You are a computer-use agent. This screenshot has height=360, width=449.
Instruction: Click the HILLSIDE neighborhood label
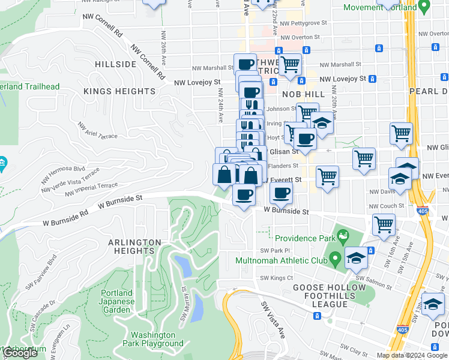115,64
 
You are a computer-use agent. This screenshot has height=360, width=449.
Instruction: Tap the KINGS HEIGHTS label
119,91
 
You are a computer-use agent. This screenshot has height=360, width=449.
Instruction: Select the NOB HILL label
310,94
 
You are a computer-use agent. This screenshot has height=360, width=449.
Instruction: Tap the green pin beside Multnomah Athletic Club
335,259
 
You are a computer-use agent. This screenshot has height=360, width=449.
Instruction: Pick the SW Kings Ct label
276,278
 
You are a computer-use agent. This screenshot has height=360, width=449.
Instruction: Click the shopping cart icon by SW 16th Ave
384,224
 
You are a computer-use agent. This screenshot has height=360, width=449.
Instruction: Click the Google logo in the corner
20,353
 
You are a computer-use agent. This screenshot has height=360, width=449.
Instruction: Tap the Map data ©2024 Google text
411,355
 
